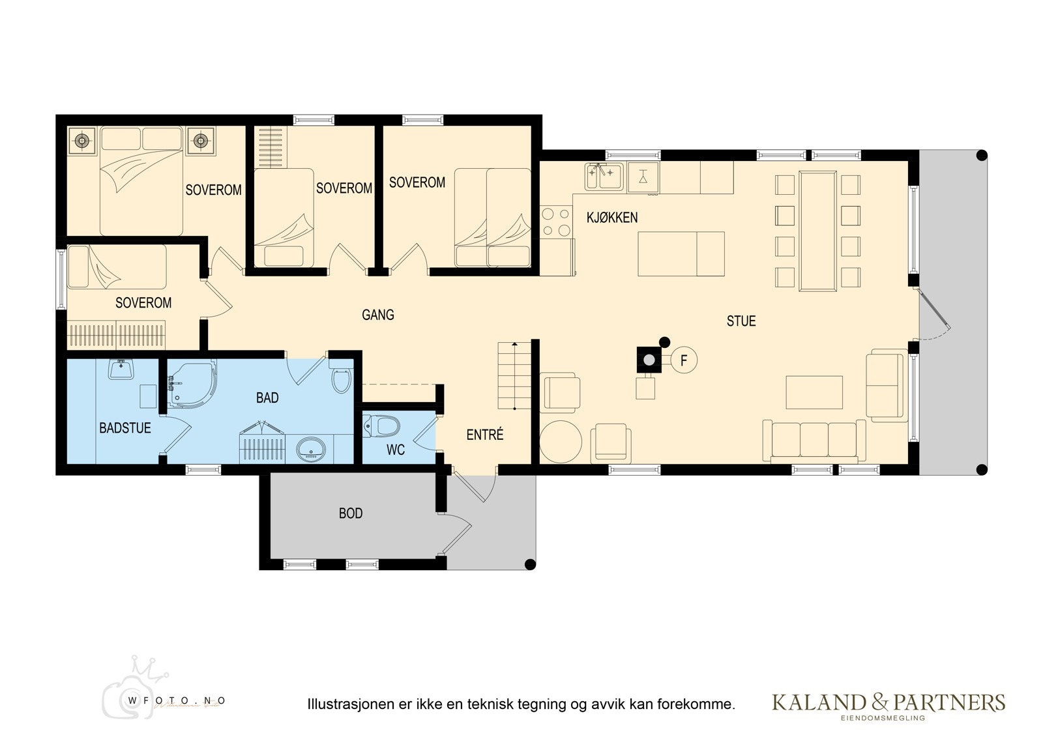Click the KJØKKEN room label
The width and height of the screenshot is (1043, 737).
611,218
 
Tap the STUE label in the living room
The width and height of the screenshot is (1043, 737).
741,321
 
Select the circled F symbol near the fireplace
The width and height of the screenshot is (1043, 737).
684,360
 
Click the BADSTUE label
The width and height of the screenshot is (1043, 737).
125,428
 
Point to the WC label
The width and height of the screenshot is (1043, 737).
396,450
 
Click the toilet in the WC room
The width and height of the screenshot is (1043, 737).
383,427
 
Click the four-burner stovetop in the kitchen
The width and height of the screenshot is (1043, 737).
555,222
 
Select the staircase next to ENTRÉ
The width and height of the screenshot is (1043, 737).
515,376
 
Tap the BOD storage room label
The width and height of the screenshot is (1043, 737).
351,514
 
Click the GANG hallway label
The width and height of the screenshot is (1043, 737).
378,315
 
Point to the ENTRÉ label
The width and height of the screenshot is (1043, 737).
485,435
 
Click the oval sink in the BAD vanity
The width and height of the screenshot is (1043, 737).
312,449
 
